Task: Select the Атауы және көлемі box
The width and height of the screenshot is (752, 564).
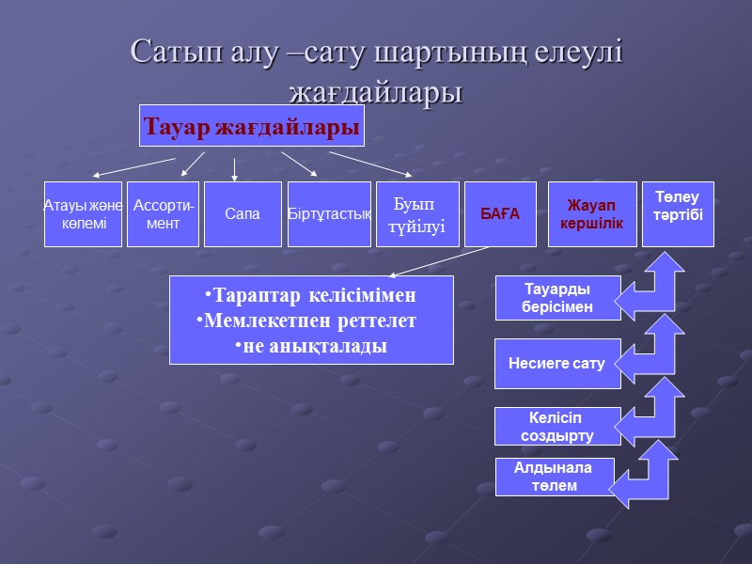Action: click(83, 214)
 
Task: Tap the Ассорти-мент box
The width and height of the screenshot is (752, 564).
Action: click(163, 214)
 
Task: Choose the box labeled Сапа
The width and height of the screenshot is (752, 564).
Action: click(243, 214)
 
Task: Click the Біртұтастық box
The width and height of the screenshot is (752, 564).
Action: click(329, 214)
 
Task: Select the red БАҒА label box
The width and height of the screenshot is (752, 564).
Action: click(500, 214)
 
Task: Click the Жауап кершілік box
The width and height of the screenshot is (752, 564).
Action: click(592, 214)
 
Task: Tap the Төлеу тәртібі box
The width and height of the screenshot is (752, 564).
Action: click(678, 214)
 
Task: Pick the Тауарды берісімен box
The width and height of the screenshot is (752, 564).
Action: click(557, 298)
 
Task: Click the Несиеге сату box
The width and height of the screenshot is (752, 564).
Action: click(557, 363)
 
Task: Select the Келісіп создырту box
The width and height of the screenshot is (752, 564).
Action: click(557, 426)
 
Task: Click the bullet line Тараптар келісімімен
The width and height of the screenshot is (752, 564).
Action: click(310, 295)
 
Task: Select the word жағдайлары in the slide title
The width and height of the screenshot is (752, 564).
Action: click(376, 92)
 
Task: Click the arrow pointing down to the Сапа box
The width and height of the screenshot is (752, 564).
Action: click(235, 169)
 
